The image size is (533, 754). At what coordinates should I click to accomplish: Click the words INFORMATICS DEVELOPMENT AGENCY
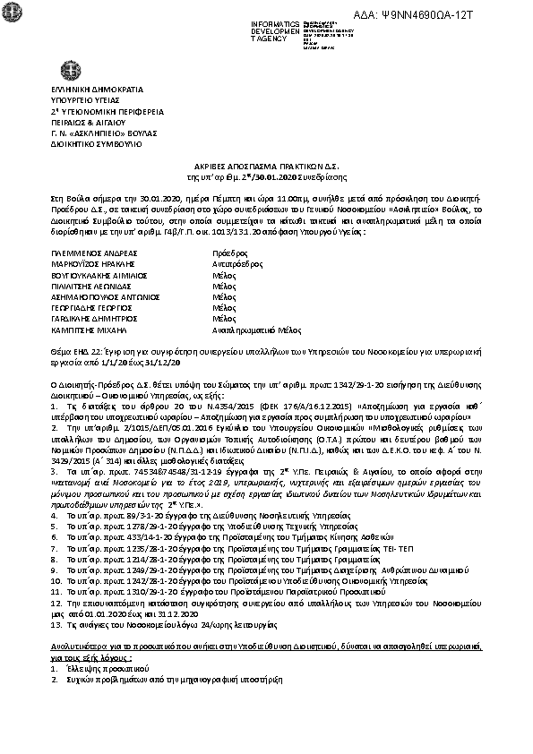(x=278, y=30)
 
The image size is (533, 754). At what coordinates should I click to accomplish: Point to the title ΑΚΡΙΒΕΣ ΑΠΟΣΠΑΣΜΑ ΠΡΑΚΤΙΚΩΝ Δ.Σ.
(x=266, y=167)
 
